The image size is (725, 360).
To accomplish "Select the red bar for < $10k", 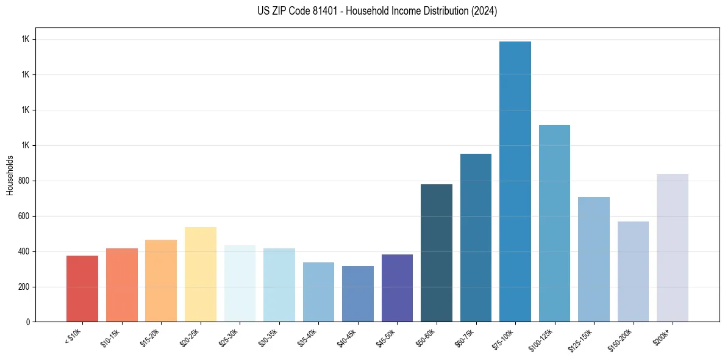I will (82, 289).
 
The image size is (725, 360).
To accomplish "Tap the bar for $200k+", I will (673, 248).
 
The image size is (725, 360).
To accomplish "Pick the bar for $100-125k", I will (554, 223).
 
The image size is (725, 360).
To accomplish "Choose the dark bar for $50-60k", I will (437, 253).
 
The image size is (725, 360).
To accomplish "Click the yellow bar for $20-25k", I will (201, 275).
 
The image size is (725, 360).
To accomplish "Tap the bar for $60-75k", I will (476, 238).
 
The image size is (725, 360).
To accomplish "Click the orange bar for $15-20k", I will (161, 281).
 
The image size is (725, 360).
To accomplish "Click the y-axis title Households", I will (10, 175).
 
